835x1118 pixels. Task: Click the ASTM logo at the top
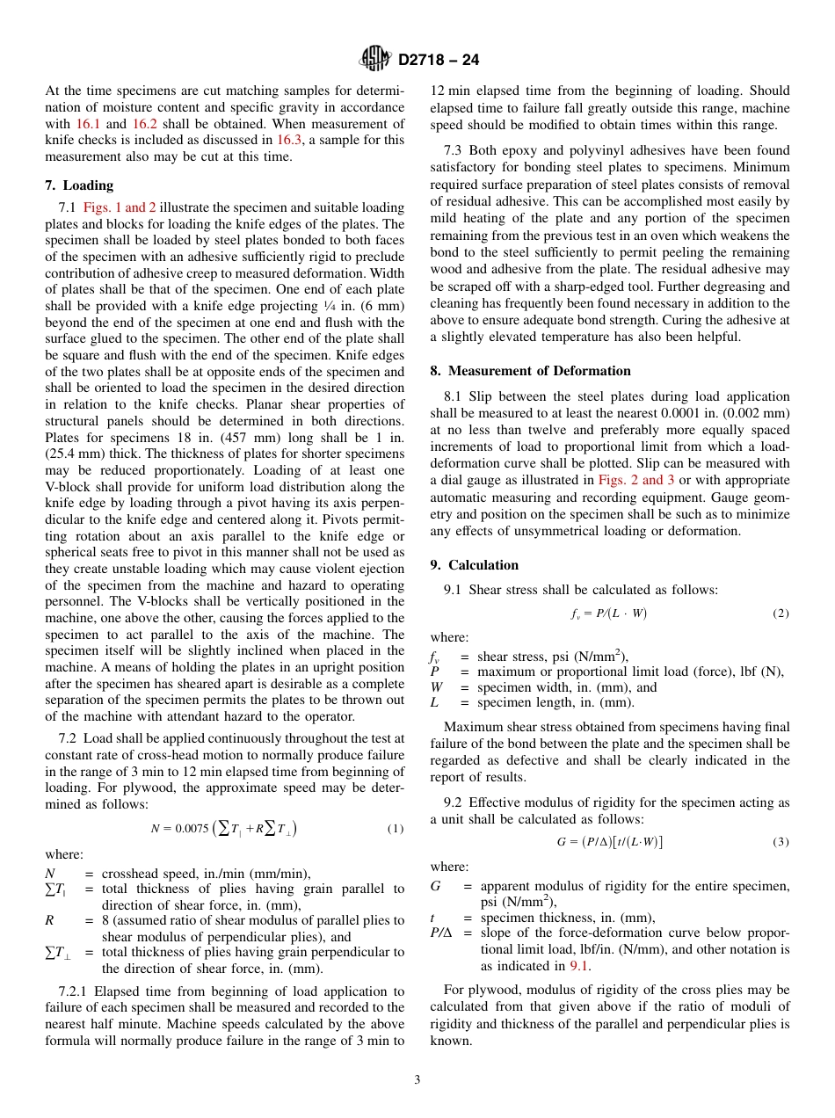[375, 60]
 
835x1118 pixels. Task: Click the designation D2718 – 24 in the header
[439, 61]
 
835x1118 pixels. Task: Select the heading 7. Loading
[79, 185]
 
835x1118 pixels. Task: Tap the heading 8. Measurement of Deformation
[530, 371]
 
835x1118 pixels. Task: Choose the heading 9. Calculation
[474, 565]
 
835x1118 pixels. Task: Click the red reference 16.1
[89, 124]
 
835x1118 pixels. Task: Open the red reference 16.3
[289, 140]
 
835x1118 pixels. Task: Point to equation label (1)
[396, 829]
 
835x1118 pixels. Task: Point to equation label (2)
[781, 613]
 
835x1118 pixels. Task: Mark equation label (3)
[781, 842]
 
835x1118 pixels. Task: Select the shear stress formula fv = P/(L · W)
[609, 613]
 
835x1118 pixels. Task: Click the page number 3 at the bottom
[417, 1080]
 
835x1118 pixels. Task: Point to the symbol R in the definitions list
[49, 920]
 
